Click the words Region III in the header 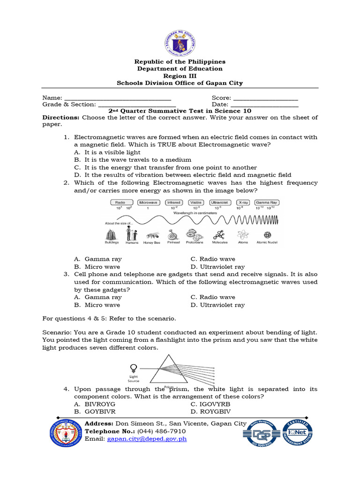click(180, 76)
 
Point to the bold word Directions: click(61, 118)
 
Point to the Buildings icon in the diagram click(112, 234)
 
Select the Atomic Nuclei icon click(267, 235)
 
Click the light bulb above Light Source click(134, 367)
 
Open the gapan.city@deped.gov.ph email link click(147, 439)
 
